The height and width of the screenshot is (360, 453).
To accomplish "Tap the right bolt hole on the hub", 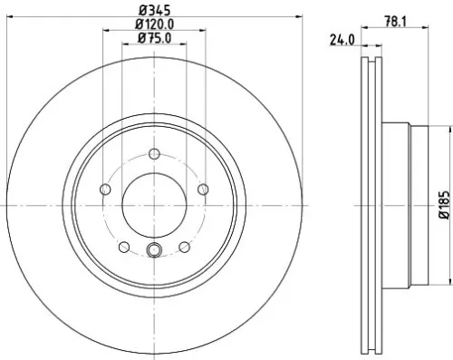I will click(x=204, y=189).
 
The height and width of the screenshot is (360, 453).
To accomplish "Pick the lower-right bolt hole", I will click(x=185, y=247).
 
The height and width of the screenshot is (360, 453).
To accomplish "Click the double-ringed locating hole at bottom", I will click(x=154, y=251).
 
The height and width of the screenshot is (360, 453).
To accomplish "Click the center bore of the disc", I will click(x=154, y=205).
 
